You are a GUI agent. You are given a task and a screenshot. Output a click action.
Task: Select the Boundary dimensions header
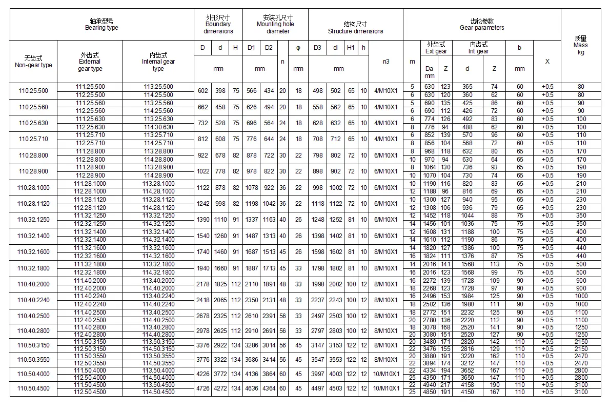tap(218, 24)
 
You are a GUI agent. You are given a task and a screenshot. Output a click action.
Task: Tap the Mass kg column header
tap(580, 45)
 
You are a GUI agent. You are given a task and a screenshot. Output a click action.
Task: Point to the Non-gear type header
tap(33, 61)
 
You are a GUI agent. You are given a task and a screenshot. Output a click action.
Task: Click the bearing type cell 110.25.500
tap(33, 91)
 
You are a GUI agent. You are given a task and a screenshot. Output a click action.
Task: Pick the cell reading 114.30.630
tap(158, 127)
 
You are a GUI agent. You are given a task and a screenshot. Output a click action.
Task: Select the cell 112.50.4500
tap(90, 393)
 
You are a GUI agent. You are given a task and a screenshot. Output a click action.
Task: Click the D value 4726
tap(203, 388)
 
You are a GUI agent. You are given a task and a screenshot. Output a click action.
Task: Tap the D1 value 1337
tap(251, 220)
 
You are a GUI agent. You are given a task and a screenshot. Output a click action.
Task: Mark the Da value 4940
tap(429, 384)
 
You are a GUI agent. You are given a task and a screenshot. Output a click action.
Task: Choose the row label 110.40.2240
tap(33, 300)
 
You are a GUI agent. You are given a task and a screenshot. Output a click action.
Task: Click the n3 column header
tap(386, 61)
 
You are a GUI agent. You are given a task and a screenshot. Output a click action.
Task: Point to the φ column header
tap(298, 48)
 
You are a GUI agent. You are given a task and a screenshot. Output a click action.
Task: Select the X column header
tap(547, 61)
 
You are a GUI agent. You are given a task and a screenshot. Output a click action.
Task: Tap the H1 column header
tap(351, 48)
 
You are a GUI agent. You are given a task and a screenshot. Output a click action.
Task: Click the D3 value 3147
tap(317, 345)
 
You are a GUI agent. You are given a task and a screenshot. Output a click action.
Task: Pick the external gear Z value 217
tap(445, 384)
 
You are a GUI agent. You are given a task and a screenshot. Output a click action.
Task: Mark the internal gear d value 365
tap(467, 87)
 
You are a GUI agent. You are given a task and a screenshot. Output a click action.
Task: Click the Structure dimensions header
tap(355, 28)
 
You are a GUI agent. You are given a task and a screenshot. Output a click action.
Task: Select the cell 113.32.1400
tap(158, 232)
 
